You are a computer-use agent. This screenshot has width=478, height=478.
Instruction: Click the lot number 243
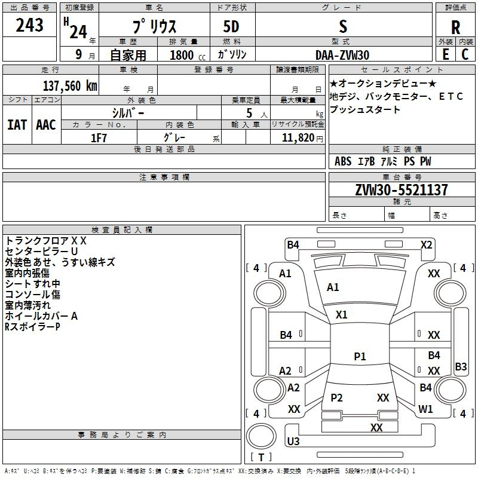[29, 25]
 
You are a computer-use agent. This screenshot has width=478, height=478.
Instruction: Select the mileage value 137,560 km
[70, 86]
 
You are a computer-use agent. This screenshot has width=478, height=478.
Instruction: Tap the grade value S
[343, 26]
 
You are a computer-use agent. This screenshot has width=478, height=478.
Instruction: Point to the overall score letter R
[455, 27]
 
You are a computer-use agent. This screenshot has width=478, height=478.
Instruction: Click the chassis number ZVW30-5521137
[402, 190]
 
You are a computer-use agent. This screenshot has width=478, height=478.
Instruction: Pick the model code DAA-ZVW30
[342, 55]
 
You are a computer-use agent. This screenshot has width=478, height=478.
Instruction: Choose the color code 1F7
[99, 138]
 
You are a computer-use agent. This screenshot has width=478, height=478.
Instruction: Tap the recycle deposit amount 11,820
[298, 138]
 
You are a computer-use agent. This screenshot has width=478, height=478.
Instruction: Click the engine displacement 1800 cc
[188, 55]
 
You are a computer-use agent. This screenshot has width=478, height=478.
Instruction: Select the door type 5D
[231, 27]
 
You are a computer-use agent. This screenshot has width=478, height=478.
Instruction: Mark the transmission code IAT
[17, 125]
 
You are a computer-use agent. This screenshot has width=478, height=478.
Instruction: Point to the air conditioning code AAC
[46, 125]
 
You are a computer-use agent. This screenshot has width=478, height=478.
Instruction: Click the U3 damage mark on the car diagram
[293, 441]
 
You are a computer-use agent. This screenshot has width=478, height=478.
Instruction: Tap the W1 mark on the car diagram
[425, 409]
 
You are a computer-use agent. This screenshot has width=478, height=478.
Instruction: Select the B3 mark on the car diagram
[461, 366]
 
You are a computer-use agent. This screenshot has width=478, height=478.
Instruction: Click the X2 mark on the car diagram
[426, 245]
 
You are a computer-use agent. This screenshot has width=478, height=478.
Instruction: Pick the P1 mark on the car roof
[360, 356]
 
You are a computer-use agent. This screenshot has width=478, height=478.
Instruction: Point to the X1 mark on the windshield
[341, 314]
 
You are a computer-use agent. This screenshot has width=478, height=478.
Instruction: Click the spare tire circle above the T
[261, 436]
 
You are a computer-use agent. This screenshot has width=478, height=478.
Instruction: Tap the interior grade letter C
[465, 54]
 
